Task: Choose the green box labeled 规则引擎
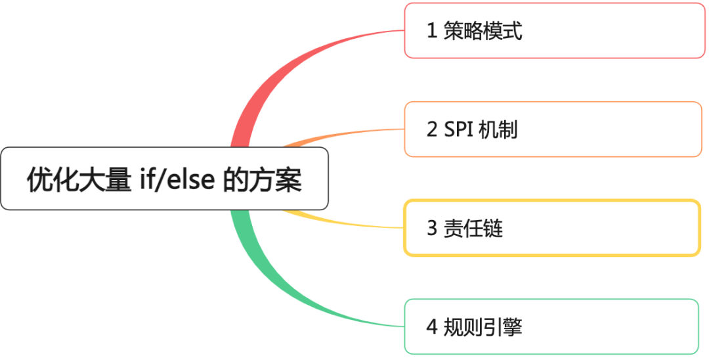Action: pos(551,326)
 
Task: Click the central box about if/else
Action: pos(164,179)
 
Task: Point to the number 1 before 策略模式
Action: pos(432,31)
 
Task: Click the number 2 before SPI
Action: pos(432,129)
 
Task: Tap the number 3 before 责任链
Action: pos(432,229)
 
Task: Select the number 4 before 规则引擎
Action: pos(432,326)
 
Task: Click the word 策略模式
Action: pos(483,31)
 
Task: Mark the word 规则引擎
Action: pos(483,326)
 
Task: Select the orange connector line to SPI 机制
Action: pos(341,133)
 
